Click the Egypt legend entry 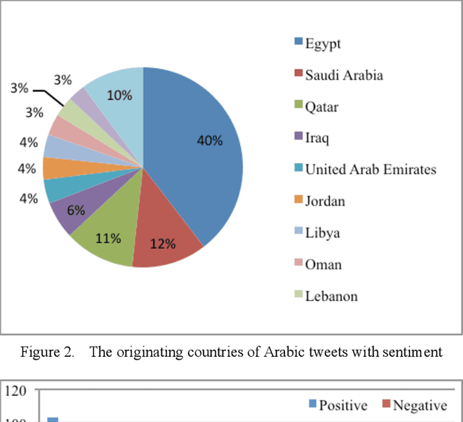click(323, 44)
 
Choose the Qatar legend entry click(321, 107)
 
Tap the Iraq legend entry click(317, 138)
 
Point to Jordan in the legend click(324, 201)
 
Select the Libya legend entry click(322, 233)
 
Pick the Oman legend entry click(322, 264)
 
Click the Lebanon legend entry click(331, 296)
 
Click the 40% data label click(210, 140)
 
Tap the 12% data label click(163, 244)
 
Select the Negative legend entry click(415, 405)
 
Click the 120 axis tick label click(15, 392)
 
